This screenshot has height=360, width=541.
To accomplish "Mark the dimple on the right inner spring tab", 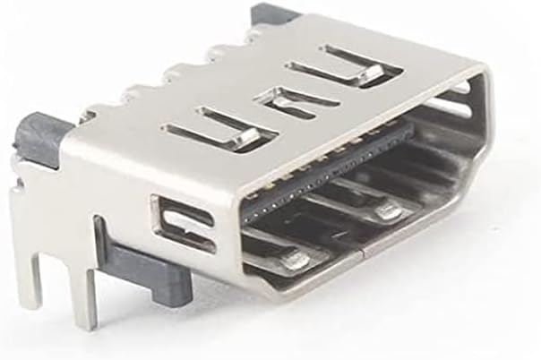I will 387,211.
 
